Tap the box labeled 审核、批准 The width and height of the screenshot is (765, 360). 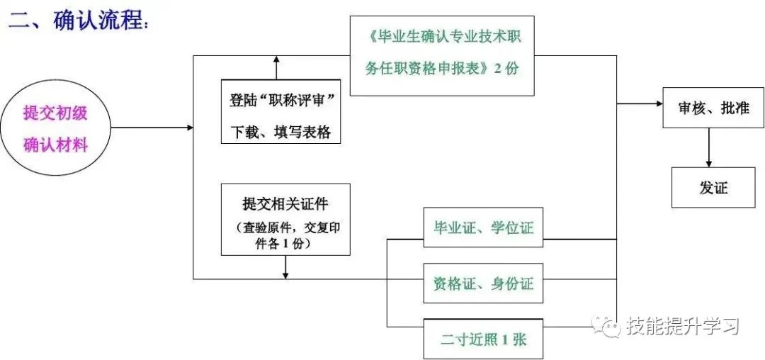tap(713, 108)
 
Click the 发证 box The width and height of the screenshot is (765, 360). tap(713, 188)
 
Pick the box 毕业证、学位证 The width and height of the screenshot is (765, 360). tap(483, 228)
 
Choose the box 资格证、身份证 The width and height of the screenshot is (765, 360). tap(483, 283)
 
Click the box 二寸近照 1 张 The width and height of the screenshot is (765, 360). tap(483, 339)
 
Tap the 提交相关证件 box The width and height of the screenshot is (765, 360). tap(285, 220)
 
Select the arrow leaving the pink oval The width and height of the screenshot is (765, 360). tap(152, 128)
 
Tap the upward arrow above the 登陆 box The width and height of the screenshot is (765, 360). tap(276, 67)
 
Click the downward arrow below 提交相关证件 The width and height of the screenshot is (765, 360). tap(285, 267)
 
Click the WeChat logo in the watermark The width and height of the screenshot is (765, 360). tap(606, 325)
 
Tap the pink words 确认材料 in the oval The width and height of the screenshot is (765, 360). tap(56, 145)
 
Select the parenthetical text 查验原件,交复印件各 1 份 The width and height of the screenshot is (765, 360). tap(285, 235)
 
